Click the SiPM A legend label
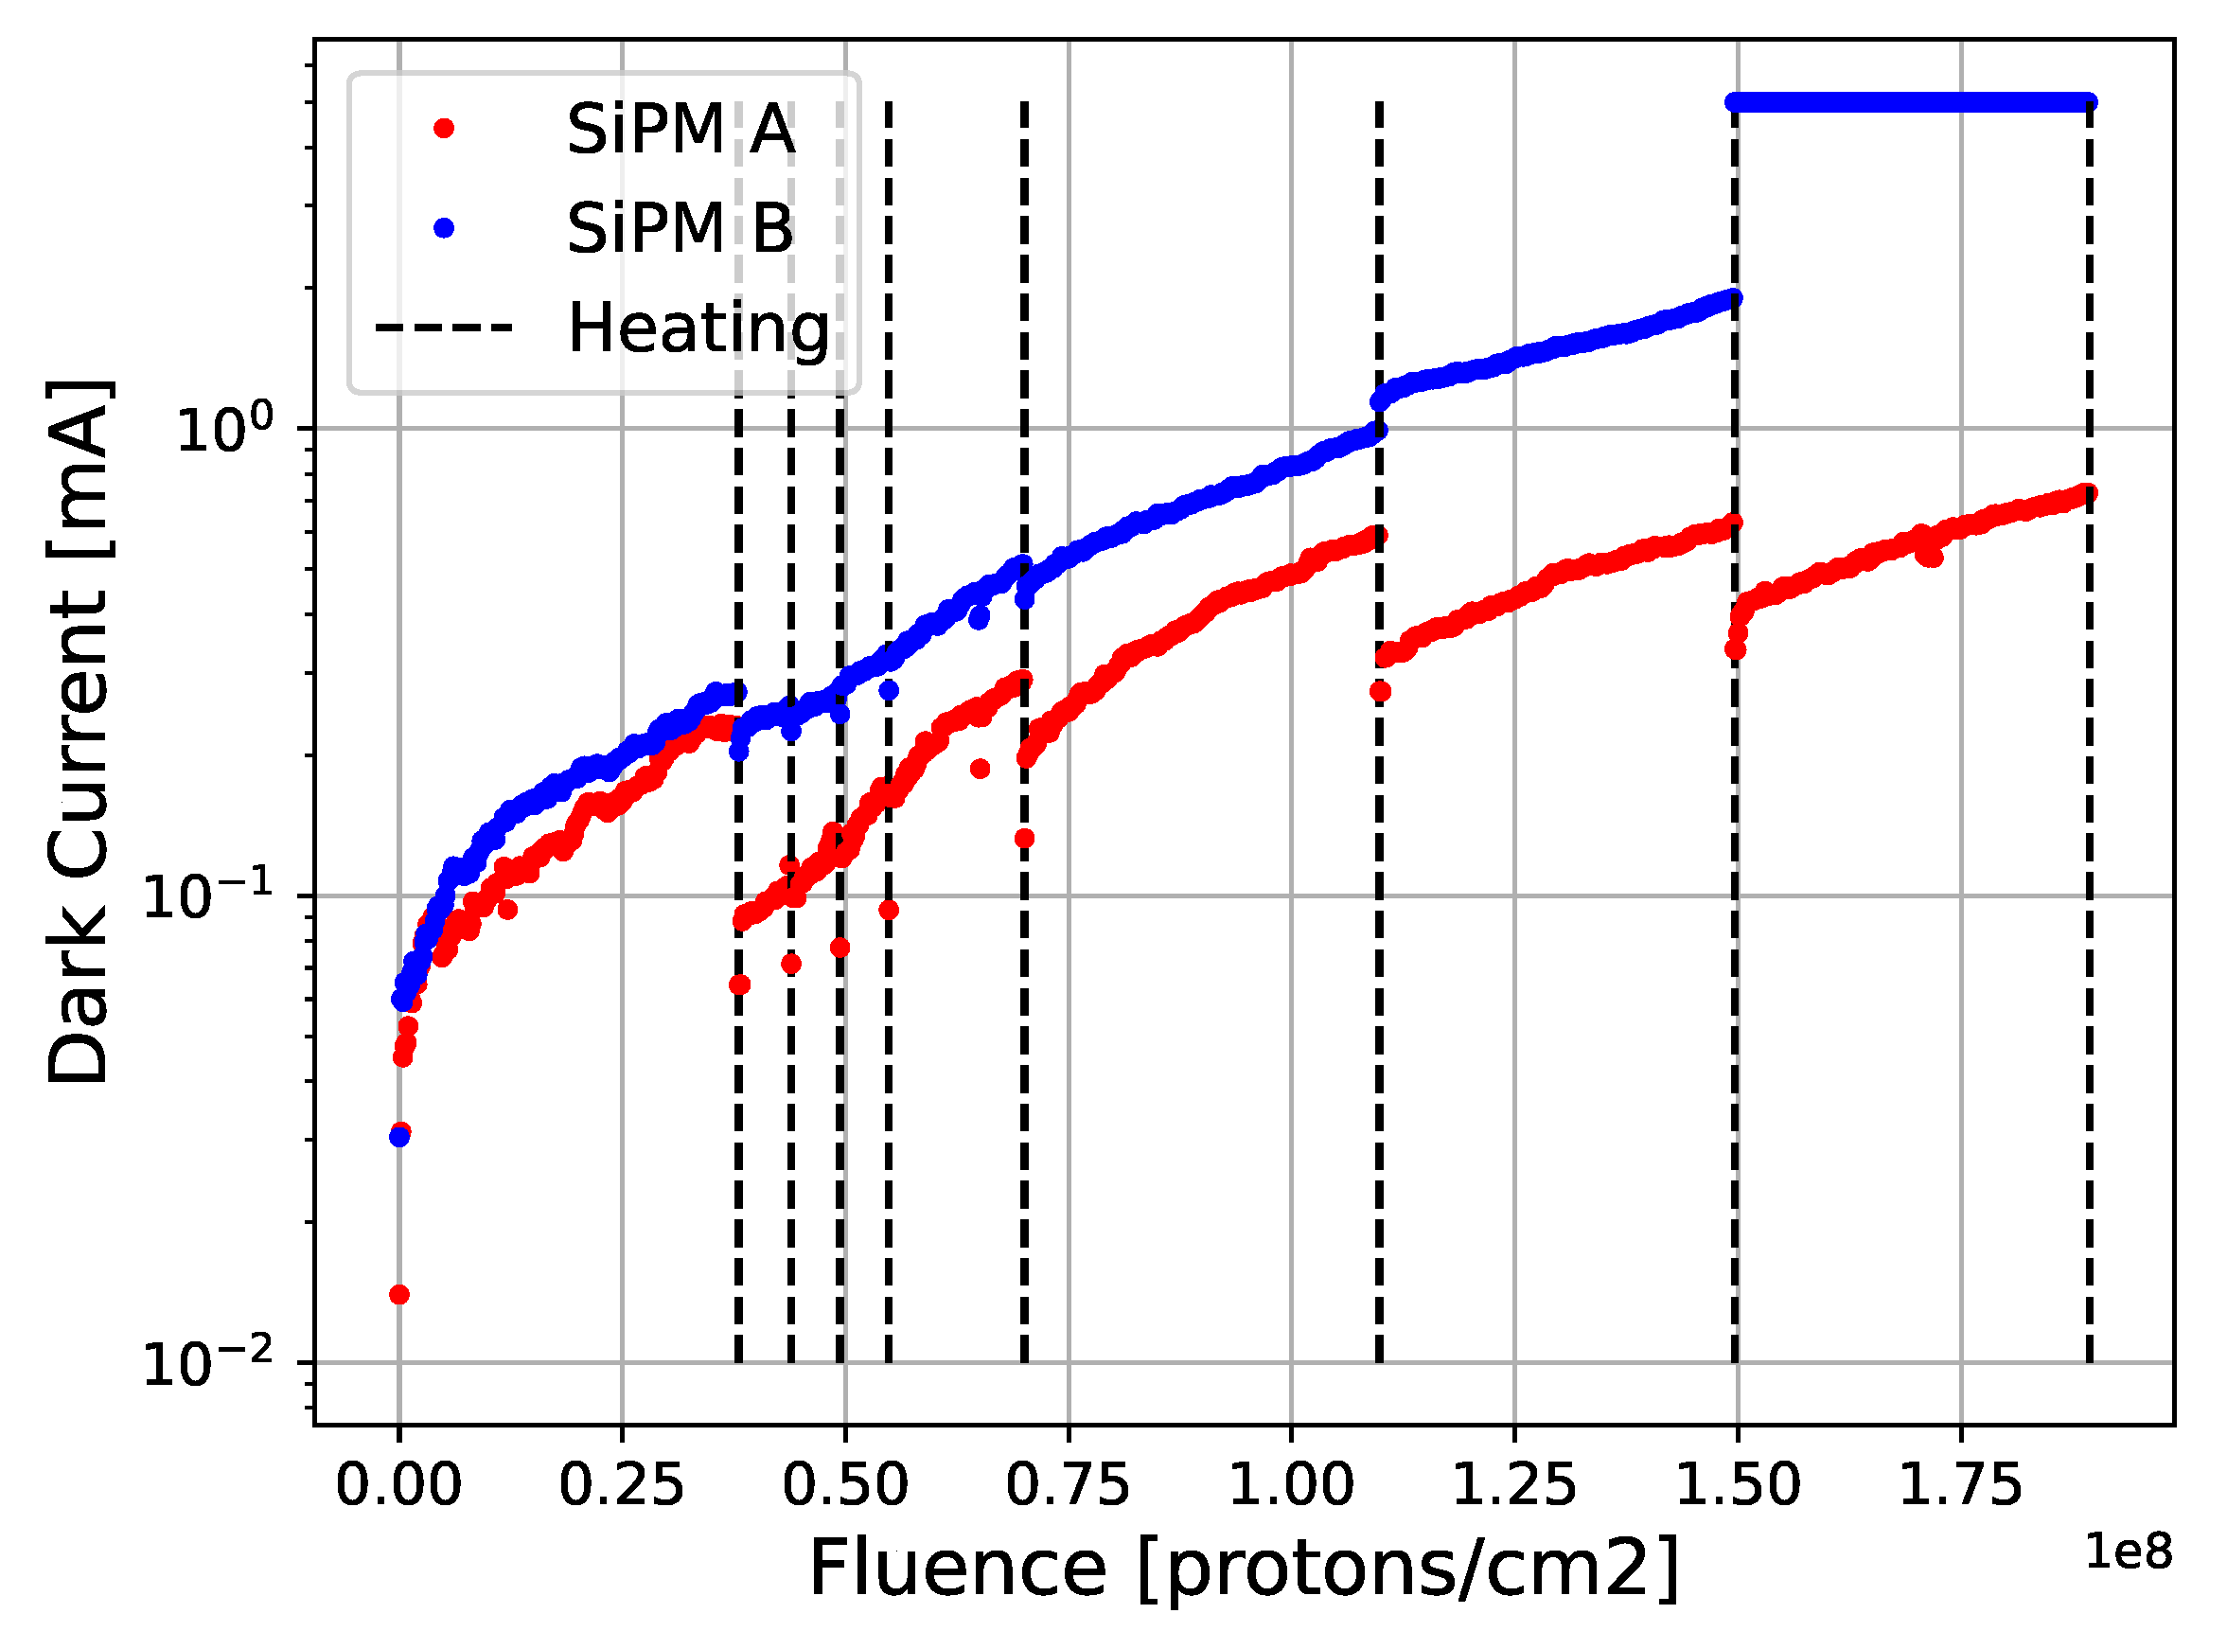pos(681,129)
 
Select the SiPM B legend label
pos(680,228)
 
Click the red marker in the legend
pos(444,128)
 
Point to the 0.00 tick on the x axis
pos(399,1485)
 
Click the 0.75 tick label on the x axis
pos(1069,1485)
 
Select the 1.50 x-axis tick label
pos(1738,1485)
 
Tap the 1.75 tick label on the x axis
pos(1961,1485)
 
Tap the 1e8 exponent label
pos(2129,1553)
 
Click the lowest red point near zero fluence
pos(399,1295)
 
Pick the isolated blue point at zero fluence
pos(399,1137)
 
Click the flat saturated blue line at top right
pos(1911,103)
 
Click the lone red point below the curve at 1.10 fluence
pos(1380,692)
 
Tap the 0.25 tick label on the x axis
pos(622,1485)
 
